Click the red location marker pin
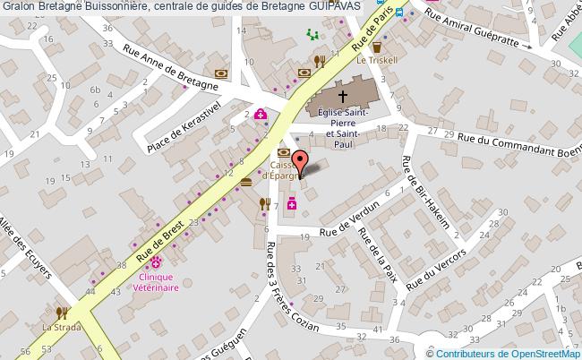click(x=301, y=164)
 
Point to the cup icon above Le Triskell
click(x=377, y=45)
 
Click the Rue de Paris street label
click(x=372, y=30)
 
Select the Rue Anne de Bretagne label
click(x=172, y=67)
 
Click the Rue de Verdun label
click(x=355, y=215)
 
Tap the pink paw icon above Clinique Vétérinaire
click(x=156, y=262)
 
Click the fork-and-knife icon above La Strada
click(x=61, y=313)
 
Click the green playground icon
click(x=312, y=35)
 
